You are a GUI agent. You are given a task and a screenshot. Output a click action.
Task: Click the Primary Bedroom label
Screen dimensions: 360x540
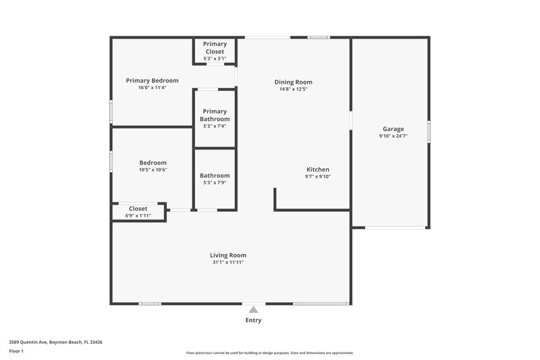coord(152,80)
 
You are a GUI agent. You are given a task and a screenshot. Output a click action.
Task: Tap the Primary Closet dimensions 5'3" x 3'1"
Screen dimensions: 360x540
coord(215,58)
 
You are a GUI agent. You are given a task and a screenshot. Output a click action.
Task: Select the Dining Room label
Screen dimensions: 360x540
coord(293,82)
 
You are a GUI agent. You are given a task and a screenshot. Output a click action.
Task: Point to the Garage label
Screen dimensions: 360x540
coord(394,128)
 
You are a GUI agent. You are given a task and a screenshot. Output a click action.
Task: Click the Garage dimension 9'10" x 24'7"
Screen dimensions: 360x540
coord(394,136)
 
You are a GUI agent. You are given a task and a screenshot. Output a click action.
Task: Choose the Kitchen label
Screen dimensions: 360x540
coord(317,170)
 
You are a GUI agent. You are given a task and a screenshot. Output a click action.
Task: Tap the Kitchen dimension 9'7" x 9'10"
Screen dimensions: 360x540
coord(317,177)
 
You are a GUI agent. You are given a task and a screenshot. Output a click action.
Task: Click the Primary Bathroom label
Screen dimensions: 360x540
coord(215,115)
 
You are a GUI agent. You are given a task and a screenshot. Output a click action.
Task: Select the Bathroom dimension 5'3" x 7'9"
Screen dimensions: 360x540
coord(215,183)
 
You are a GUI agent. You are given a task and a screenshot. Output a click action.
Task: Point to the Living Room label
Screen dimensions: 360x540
coord(227,255)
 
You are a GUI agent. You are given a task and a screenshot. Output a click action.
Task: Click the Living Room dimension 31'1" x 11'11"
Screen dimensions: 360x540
coord(227,263)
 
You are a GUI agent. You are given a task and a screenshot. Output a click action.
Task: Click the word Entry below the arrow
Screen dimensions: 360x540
coord(253,320)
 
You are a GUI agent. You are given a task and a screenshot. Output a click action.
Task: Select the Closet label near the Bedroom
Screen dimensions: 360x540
coord(138,209)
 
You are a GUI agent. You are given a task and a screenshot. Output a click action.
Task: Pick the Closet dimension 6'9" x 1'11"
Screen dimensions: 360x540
coord(138,215)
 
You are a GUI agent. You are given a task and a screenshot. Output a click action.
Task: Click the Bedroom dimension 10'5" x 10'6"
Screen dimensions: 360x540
coord(153,170)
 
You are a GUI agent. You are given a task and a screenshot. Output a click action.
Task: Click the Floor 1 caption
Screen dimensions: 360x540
coord(17,352)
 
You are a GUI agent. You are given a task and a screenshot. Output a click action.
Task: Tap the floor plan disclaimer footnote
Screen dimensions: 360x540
coord(269,353)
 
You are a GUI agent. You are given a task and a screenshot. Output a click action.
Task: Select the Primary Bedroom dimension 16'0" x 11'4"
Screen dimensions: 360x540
coord(152,88)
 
